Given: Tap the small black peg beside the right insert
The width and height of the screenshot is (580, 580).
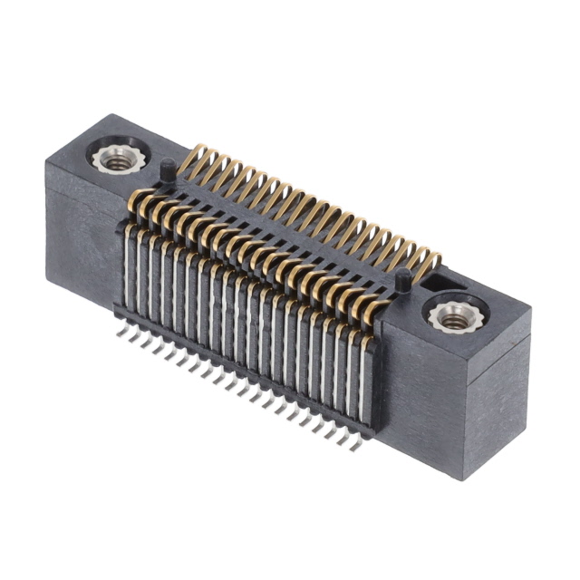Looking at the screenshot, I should coord(400,280).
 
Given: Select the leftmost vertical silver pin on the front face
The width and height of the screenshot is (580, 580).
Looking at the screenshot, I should coord(130,272).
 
